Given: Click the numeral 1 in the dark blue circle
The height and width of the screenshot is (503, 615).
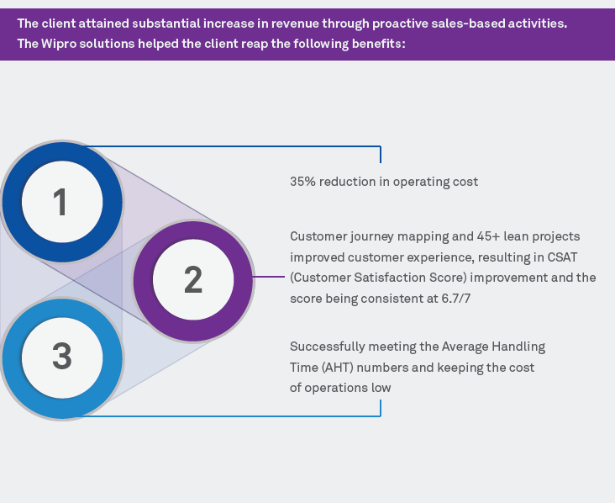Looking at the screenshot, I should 60,203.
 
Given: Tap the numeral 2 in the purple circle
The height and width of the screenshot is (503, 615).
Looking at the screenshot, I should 193,280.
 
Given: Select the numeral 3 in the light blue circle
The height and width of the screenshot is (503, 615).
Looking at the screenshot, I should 62,357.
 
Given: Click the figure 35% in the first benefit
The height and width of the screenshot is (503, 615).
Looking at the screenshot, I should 303,182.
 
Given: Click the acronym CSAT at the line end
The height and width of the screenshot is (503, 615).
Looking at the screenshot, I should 573,257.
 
